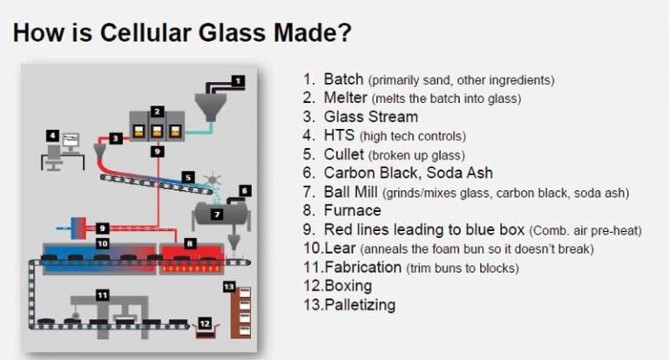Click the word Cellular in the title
pyautogui.click(x=146, y=32)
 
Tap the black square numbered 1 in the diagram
pyautogui.click(x=238, y=81)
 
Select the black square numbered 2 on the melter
pyautogui.click(x=157, y=112)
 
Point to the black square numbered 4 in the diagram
pyautogui.click(x=52, y=136)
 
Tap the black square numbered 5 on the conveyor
pyautogui.click(x=188, y=177)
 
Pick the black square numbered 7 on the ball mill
pyautogui.click(x=217, y=214)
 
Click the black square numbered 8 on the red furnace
pyautogui.click(x=189, y=243)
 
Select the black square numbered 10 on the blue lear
pyautogui.click(x=103, y=243)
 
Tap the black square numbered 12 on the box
pyautogui.click(x=205, y=323)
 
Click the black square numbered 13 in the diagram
pyautogui.click(x=229, y=287)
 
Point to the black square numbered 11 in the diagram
pyautogui.click(x=102, y=295)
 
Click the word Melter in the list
pyautogui.click(x=345, y=98)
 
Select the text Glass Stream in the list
pyautogui.click(x=371, y=117)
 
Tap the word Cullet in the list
pyautogui.click(x=344, y=154)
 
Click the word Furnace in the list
pyautogui.click(x=353, y=210)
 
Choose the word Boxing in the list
pyautogui.click(x=348, y=286)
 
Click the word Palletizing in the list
pyautogui.click(x=360, y=304)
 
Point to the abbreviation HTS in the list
pyautogui.click(x=339, y=135)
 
